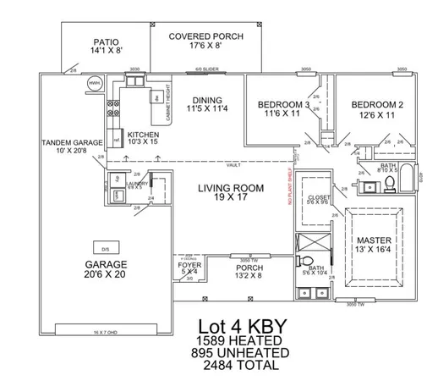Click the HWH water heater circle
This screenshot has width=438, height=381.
click(95, 84)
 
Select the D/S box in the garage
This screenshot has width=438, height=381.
click(105, 250)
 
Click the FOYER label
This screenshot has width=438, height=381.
click(189, 265)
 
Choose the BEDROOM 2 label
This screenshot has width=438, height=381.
click(377, 108)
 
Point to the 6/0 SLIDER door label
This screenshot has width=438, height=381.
click(207, 69)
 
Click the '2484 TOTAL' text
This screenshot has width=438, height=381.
click(238, 365)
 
